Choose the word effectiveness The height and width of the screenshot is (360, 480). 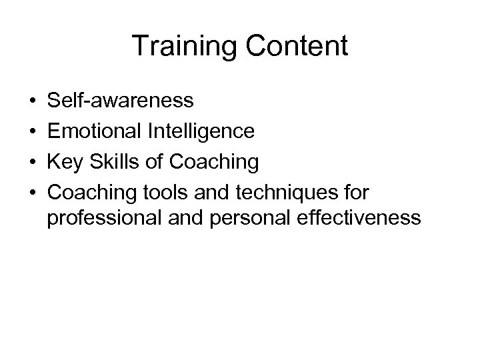point(357,218)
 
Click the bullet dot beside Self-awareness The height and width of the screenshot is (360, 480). point(33,101)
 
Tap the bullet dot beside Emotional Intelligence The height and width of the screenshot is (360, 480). point(33,131)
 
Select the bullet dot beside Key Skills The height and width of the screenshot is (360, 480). point(33,161)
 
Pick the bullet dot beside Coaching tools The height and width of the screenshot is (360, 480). point(33,192)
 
